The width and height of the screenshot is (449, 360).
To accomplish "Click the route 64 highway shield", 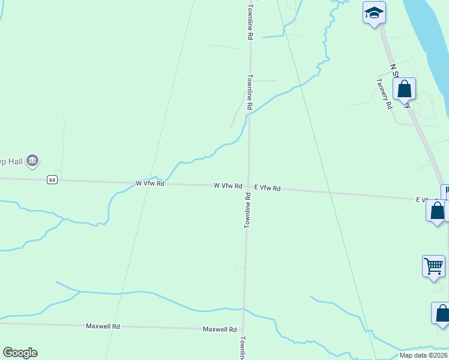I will (53, 180).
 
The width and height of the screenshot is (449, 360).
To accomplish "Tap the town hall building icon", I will (33, 160).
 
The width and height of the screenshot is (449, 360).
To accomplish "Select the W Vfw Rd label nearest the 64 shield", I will (149, 183).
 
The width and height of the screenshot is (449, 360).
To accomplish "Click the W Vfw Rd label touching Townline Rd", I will (228, 186).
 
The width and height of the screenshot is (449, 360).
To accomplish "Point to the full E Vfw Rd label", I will (267, 188).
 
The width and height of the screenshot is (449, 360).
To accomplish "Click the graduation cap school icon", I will (373, 13).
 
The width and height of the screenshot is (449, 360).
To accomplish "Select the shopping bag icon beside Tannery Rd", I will (405, 89).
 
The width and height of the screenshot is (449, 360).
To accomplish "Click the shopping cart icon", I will (433, 266).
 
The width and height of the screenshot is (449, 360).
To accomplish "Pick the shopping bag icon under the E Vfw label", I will (437, 211).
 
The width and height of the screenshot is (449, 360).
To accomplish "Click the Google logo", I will (20, 353).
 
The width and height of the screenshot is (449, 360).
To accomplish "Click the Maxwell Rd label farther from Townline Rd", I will (104, 326).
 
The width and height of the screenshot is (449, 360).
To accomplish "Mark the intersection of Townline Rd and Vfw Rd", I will (248, 187).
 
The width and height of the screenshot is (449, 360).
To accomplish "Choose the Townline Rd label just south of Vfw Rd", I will (247, 211).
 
